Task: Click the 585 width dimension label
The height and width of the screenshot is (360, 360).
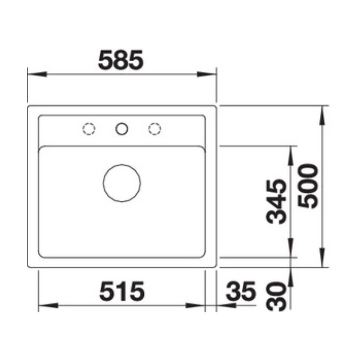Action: (121, 60)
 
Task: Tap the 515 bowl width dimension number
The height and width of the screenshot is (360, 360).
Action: (122, 291)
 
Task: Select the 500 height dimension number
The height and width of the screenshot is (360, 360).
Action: (307, 186)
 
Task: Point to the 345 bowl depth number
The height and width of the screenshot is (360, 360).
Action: (276, 201)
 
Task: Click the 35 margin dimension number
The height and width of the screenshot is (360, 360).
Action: (241, 291)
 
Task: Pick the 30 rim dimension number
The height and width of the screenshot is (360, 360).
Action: (276, 296)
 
